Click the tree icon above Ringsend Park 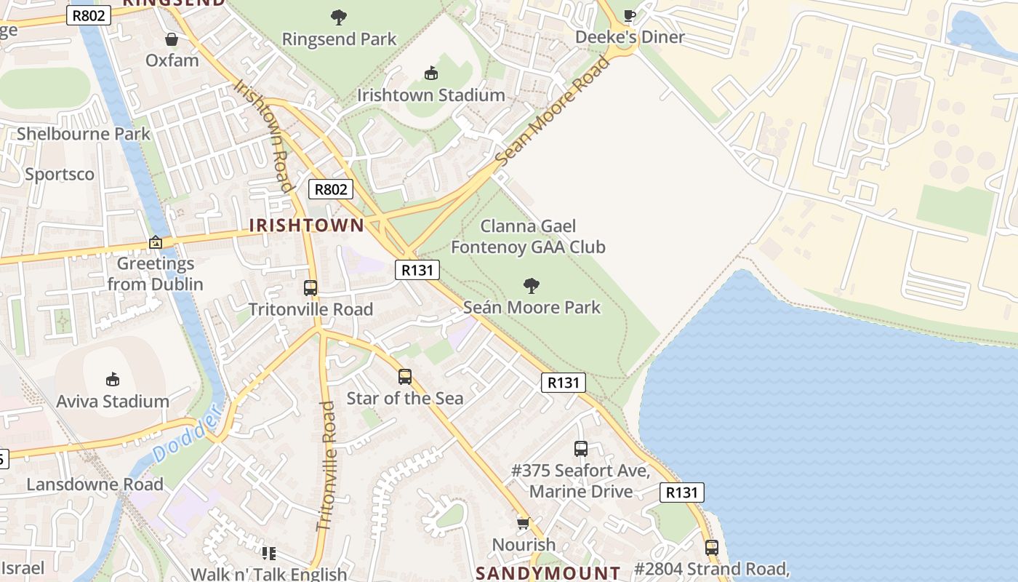[338, 17]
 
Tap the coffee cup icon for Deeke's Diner [630, 15]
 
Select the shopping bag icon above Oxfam [172, 39]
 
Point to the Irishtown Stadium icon [430, 73]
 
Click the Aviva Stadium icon [112, 379]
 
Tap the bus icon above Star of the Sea [405, 377]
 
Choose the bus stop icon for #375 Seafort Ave [580, 449]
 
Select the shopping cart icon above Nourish [523, 523]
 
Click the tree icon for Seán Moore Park [532, 285]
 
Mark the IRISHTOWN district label [306, 226]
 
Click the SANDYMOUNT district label [548, 573]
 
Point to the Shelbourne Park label [84, 134]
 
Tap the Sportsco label [60, 175]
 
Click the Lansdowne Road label [95, 485]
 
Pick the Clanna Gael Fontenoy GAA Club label [528, 237]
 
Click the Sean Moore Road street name [553, 111]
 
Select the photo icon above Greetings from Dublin [156, 242]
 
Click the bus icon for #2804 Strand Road [711, 547]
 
